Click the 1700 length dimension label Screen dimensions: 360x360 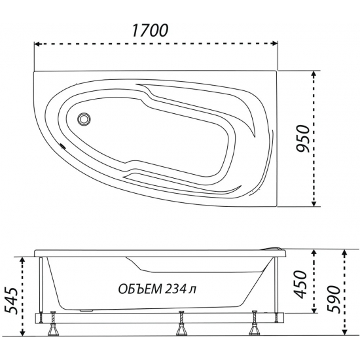(150, 30)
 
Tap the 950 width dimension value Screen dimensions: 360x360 (303, 139)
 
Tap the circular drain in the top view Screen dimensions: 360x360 (84, 119)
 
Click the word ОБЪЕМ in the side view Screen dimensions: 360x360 (140, 289)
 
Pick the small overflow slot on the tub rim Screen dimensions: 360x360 (62, 146)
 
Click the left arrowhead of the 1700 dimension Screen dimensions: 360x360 (37, 44)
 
